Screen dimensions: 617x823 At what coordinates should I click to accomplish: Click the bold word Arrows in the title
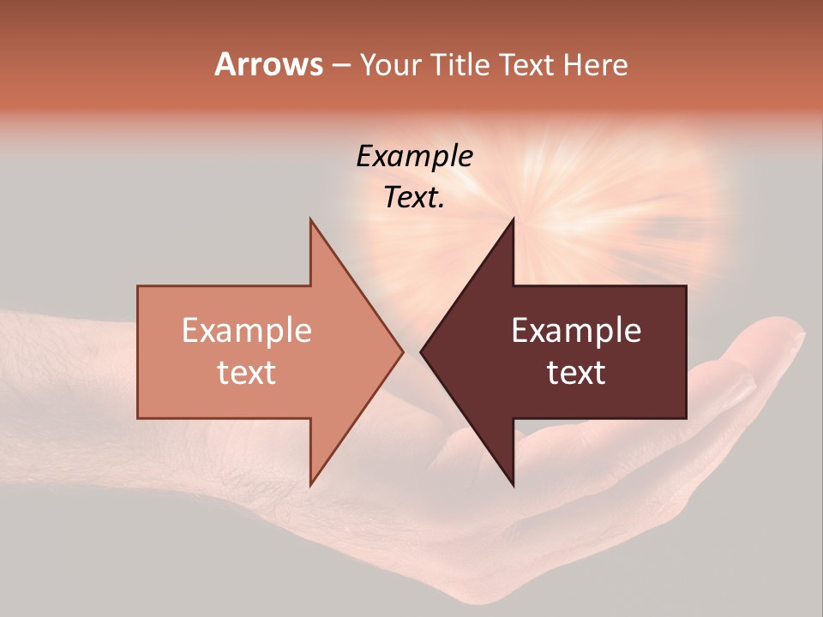pyautogui.click(x=268, y=64)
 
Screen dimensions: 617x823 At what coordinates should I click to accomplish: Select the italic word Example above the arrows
pyautogui.click(x=414, y=156)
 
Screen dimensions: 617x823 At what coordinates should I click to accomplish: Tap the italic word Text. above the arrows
pyautogui.click(x=414, y=197)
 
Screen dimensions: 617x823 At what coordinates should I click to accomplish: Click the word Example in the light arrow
pyautogui.click(x=247, y=330)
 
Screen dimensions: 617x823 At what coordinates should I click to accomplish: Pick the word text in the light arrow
pyautogui.click(x=247, y=372)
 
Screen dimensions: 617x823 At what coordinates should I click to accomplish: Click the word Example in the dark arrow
pyautogui.click(x=576, y=330)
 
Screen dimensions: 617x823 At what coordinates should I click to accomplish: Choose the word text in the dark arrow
pyautogui.click(x=576, y=372)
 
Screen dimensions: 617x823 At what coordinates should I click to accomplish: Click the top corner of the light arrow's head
pyautogui.click(x=311, y=220)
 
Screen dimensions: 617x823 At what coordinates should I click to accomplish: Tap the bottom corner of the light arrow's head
pyautogui.click(x=311, y=484)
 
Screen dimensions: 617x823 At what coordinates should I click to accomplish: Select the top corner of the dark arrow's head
pyautogui.click(x=513, y=220)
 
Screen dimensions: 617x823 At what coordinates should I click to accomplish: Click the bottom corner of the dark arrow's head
pyautogui.click(x=513, y=484)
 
